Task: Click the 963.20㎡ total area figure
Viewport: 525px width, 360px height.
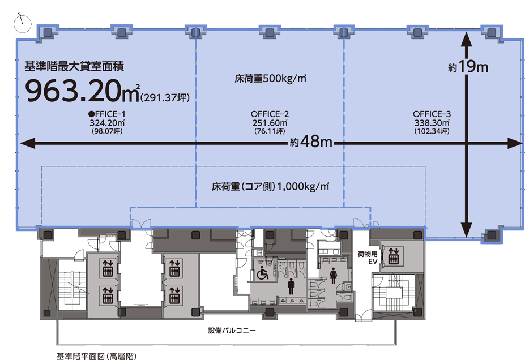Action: [x=80, y=90]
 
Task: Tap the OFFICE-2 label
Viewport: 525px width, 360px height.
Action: [x=270, y=114]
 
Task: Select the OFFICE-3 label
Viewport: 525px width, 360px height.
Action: [x=432, y=114]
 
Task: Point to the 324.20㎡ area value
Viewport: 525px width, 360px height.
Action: [x=107, y=122]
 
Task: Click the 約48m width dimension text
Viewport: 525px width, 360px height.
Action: [x=311, y=143]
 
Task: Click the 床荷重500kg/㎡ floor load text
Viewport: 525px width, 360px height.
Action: [x=271, y=79]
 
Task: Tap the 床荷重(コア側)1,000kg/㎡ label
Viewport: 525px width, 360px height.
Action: [x=270, y=186]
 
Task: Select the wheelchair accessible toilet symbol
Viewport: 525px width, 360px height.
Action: [x=263, y=273]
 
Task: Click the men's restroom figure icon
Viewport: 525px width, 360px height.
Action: [x=291, y=286]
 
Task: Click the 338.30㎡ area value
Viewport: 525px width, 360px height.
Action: [x=432, y=122]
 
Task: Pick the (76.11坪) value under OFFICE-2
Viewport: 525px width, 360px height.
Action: [x=270, y=131]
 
